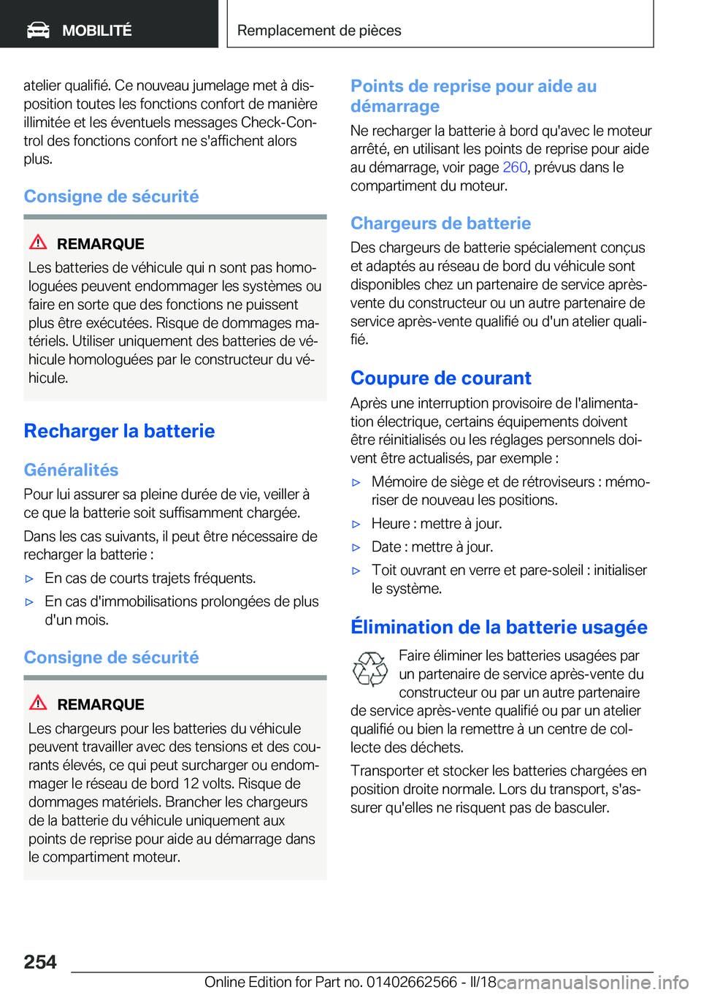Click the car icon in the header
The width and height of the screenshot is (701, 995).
(x=38, y=30)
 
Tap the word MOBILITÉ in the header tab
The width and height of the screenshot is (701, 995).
(x=97, y=31)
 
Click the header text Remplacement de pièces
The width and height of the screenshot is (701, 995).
(x=319, y=31)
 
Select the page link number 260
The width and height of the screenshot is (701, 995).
(x=515, y=167)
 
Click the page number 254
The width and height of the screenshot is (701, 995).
(x=40, y=962)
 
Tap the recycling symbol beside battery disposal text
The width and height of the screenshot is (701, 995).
(x=370, y=669)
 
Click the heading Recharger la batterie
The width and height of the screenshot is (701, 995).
(x=119, y=431)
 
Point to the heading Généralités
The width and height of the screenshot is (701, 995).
(x=71, y=470)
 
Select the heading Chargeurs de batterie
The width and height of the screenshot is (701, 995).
(x=440, y=224)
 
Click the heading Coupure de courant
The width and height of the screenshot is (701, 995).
(x=440, y=378)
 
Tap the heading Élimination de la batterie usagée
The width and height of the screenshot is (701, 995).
(x=499, y=628)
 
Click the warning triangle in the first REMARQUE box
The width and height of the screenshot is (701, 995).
(x=38, y=243)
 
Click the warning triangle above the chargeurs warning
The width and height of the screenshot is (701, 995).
(x=38, y=703)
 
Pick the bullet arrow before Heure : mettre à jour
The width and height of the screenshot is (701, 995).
(x=356, y=524)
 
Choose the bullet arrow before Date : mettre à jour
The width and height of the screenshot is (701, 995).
(x=356, y=547)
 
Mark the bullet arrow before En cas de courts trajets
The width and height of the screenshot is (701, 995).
(x=30, y=579)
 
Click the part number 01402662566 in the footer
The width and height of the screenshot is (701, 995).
(x=412, y=982)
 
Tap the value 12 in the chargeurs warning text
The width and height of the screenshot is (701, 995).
(x=191, y=784)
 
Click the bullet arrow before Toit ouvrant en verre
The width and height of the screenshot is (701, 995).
(x=356, y=571)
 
